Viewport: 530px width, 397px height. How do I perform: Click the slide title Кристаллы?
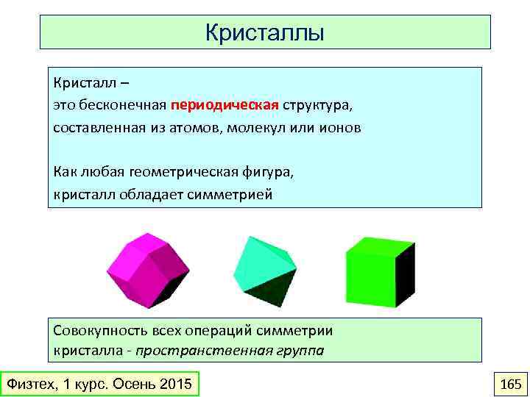pos(265,33)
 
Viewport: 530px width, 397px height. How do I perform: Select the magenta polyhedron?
pos(144,268)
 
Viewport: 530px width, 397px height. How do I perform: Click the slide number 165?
pos(509,385)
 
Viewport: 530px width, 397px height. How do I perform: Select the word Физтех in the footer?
pos(29,385)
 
